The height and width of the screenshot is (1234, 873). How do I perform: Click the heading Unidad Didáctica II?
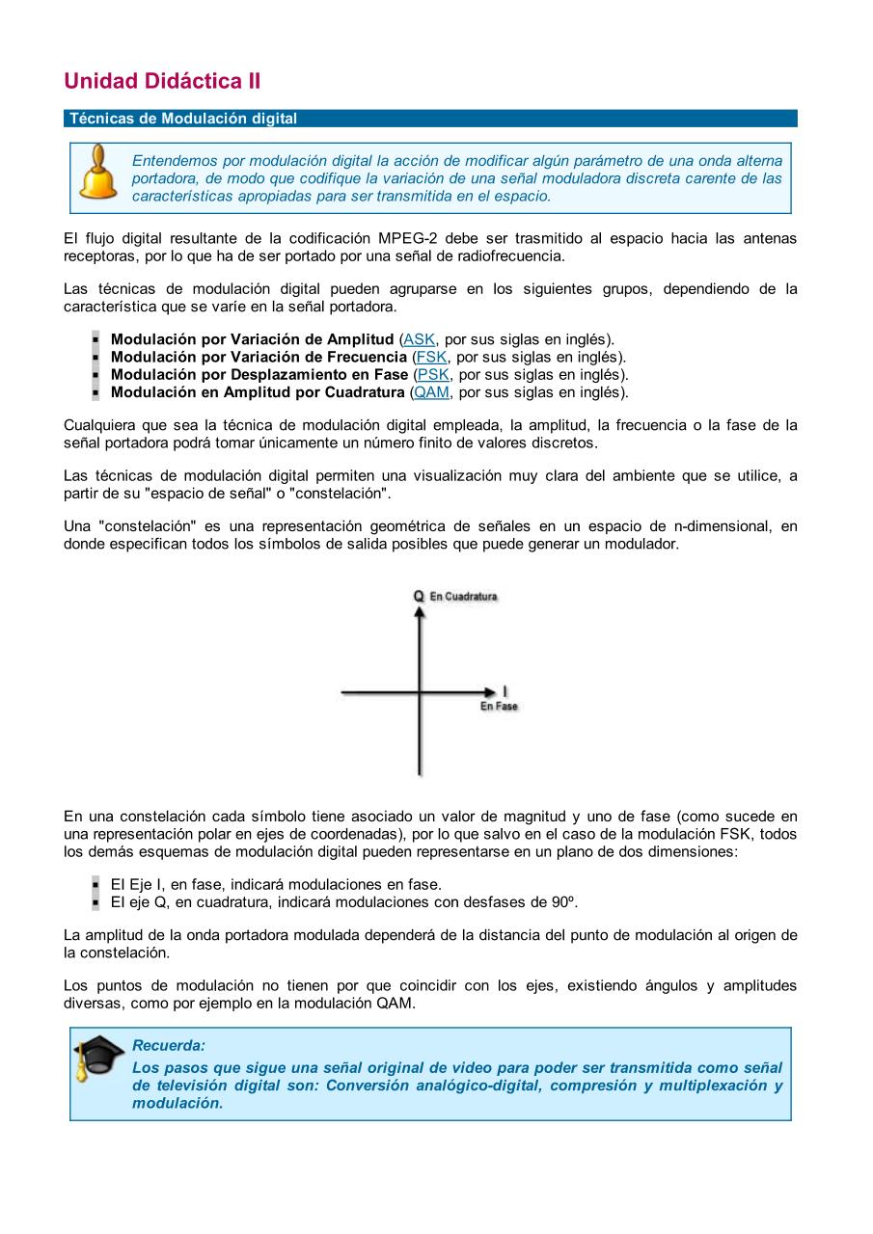coord(162,81)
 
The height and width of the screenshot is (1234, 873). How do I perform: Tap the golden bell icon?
coord(97,173)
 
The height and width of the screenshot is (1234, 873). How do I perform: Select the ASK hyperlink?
coord(419,339)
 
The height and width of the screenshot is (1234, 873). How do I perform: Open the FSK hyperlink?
coord(431,357)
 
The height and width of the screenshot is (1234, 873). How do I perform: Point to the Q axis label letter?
coord(419,596)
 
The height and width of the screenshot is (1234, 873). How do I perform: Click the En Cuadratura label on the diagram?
coord(464,597)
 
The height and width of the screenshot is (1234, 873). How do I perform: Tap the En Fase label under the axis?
coord(499,707)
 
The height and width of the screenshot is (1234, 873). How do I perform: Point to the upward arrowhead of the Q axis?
coord(419,612)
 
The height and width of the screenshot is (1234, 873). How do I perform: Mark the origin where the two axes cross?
coord(419,691)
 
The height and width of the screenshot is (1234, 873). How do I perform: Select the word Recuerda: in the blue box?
coord(168,1045)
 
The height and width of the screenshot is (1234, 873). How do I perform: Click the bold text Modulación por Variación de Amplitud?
coord(252,339)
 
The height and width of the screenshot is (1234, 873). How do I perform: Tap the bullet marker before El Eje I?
coord(95,885)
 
